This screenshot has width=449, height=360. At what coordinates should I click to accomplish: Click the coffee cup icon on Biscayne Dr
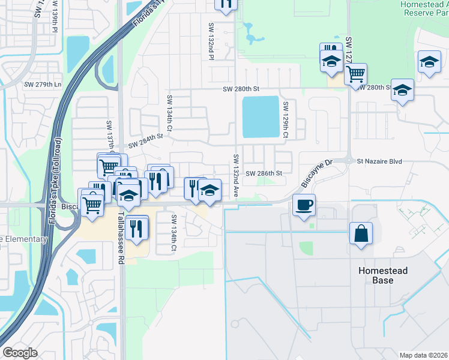pyautogui.click(x=304, y=205)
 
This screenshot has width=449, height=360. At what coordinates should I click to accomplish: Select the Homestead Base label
pyautogui.click(x=383, y=275)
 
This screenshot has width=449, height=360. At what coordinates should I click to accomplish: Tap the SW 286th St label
pyautogui.click(x=264, y=173)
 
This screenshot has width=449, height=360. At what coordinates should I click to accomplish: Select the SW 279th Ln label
pyautogui.click(x=43, y=85)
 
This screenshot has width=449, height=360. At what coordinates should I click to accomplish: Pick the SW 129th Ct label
pyautogui.click(x=286, y=120)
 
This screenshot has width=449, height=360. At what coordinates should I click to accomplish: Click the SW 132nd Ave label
pyautogui.click(x=236, y=175)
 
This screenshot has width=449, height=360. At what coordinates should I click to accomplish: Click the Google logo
pyautogui.click(x=20, y=353)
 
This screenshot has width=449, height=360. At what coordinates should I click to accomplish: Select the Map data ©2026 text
pyautogui.click(x=423, y=355)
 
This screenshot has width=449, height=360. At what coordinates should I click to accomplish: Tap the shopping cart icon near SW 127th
pyautogui.click(x=356, y=74)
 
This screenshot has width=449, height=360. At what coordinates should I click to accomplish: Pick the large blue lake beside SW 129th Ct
pyautogui.click(x=260, y=116)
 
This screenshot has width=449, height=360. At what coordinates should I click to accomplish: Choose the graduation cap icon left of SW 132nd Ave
pyautogui.click(x=209, y=191)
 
